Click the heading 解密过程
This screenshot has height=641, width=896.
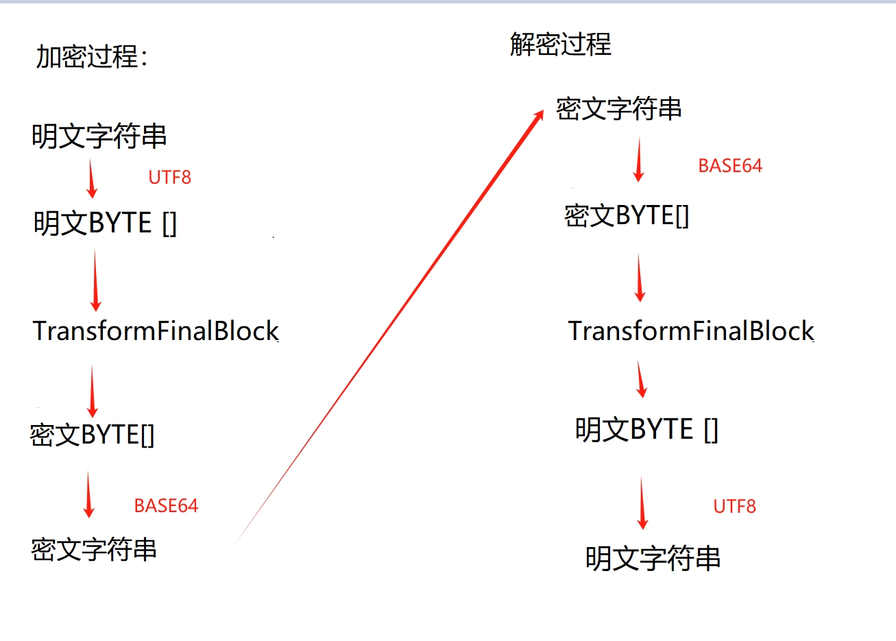click(560, 45)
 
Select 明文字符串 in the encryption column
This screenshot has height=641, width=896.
click(99, 136)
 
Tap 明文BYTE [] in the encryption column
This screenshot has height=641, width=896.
click(105, 223)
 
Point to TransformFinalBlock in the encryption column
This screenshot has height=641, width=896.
click(156, 331)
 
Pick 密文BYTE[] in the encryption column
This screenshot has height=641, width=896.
click(92, 435)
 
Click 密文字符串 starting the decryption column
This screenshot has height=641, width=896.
click(618, 109)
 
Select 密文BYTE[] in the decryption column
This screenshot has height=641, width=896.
click(627, 216)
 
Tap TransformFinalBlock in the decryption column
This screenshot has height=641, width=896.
click(690, 331)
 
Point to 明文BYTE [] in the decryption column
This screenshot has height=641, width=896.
click(646, 430)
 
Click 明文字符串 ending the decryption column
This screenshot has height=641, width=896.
click(653, 559)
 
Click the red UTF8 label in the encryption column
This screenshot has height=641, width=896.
click(169, 178)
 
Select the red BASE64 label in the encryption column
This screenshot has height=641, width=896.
click(166, 506)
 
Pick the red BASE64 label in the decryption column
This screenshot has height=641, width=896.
click(730, 166)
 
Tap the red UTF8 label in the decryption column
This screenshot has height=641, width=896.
click(734, 507)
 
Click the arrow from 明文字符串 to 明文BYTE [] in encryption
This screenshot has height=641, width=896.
click(92, 178)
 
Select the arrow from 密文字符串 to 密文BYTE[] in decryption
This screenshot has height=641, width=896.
click(639, 159)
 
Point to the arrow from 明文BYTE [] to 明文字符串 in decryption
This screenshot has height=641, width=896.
click(642, 503)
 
